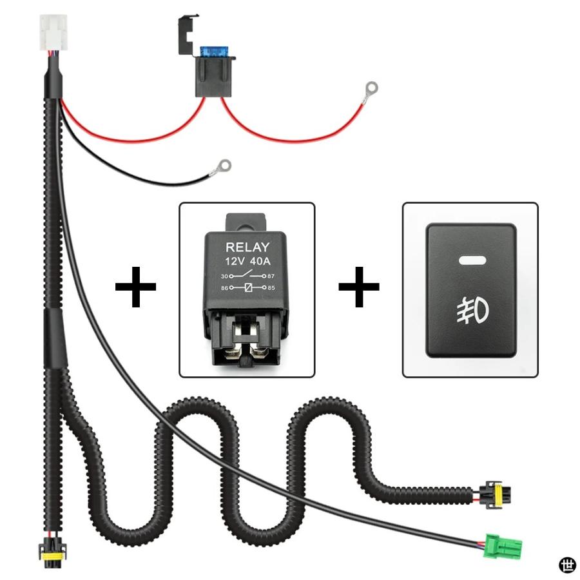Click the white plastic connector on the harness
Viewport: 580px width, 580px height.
pyautogui.click(x=53, y=32)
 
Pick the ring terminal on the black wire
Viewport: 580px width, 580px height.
pyautogui.click(x=222, y=167)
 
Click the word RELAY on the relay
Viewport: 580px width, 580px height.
pyautogui.click(x=247, y=247)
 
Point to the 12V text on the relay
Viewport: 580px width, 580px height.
pyautogui.click(x=235, y=261)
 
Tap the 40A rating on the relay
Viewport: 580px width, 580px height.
pyautogui.click(x=260, y=261)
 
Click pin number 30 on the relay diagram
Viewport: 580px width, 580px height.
pyautogui.click(x=224, y=276)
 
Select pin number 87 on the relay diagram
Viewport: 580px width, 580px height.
pyautogui.click(x=271, y=276)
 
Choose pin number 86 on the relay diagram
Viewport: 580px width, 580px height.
pyautogui.click(x=224, y=288)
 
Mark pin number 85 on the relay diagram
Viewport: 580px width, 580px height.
pyautogui.click(x=271, y=288)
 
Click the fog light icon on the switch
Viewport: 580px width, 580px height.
pyautogui.click(x=472, y=309)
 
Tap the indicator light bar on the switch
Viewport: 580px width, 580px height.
pyautogui.click(x=472, y=260)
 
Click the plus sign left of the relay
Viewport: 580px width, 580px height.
pyautogui.click(x=135, y=287)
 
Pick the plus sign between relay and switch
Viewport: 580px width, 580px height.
pyautogui.click(x=359, y=287)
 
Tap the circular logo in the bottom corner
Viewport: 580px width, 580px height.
pyautogui.click(x=567, y=566)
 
